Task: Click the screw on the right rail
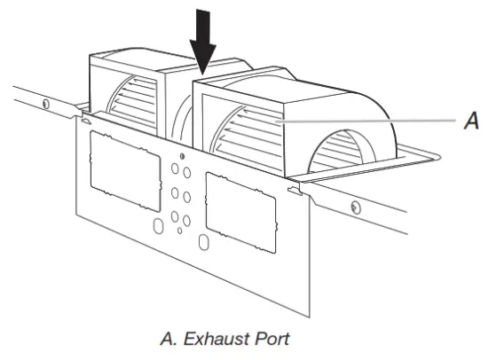[355, 207]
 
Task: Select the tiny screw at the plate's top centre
[171, 143]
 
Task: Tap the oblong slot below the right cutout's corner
[203, 241]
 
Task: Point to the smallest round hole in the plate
[180, 231]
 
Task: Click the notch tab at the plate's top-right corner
[293, 188]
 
